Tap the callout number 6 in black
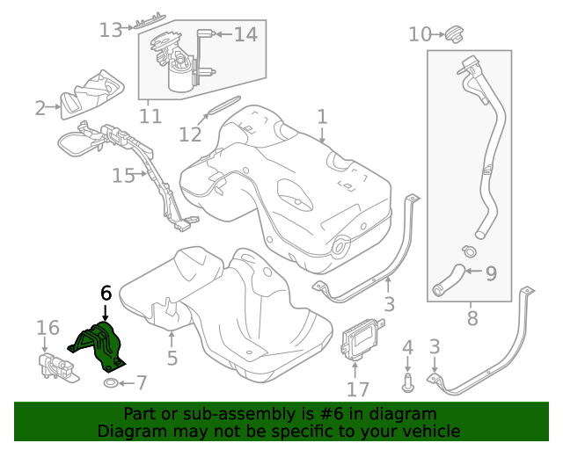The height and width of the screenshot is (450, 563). pos(106,293)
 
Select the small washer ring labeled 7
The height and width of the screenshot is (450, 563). pos(110,384)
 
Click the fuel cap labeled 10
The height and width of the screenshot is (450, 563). pos(454,34)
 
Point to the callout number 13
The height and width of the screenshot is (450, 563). pos(111,31)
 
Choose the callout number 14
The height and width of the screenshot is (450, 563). pos(245,34)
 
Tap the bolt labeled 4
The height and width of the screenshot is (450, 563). pos(406,381)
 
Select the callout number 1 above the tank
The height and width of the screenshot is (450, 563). pos(322,116)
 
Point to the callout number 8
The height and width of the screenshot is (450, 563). pos(472,317)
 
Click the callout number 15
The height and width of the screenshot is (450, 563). pos(123,176)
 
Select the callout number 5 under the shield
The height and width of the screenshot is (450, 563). pos(172,358)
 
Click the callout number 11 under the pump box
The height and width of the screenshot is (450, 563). pos(150,116)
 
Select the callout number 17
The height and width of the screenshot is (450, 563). pos(359,388)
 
